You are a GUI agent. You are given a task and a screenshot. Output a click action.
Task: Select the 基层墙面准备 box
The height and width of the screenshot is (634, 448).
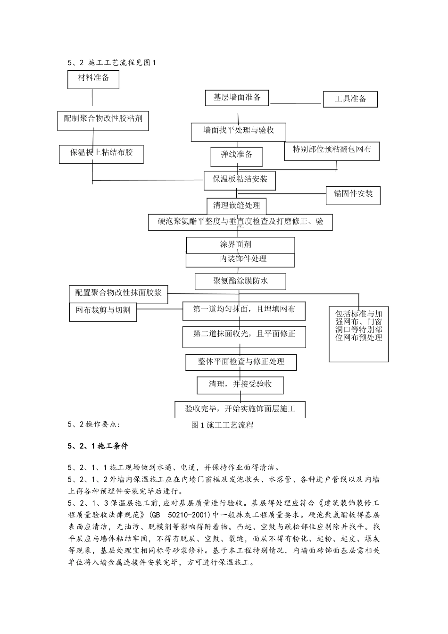(237, 98)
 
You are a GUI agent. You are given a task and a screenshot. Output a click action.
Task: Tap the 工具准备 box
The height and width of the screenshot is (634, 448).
(350, 99)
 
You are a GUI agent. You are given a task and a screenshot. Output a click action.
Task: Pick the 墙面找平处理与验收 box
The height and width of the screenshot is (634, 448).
(239, 132)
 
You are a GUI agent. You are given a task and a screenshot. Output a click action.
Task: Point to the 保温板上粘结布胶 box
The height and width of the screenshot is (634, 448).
(101, 154)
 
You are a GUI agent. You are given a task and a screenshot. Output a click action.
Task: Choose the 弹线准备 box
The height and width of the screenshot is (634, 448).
(237, 156)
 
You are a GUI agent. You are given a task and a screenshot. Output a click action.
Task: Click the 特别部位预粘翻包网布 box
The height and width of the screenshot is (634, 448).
(332, 150)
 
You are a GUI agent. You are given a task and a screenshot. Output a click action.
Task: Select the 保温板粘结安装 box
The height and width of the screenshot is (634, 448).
(240, 180)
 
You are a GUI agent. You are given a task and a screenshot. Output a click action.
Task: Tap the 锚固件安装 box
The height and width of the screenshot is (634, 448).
(353, 195)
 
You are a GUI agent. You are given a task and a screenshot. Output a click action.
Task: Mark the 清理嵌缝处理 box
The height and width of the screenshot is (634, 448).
(236, 206)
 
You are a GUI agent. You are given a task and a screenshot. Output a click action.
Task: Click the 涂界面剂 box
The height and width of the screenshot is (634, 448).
(240, 245)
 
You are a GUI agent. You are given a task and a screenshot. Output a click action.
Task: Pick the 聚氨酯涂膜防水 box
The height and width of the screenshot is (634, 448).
(241, 282)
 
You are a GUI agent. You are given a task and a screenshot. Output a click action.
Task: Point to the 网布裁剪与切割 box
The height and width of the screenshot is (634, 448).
(103, 311)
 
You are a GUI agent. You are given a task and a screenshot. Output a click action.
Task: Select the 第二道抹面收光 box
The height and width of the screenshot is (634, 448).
(244, 336)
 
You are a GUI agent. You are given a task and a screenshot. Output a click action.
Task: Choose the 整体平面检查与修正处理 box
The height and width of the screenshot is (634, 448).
(241, 362)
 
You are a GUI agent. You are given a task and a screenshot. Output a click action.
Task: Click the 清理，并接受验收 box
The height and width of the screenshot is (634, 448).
(241, 385)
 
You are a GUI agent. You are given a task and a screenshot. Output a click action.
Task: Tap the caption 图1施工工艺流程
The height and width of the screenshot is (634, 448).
(223, 425)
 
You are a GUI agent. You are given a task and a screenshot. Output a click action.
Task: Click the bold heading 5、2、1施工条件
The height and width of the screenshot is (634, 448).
(98, 446)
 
